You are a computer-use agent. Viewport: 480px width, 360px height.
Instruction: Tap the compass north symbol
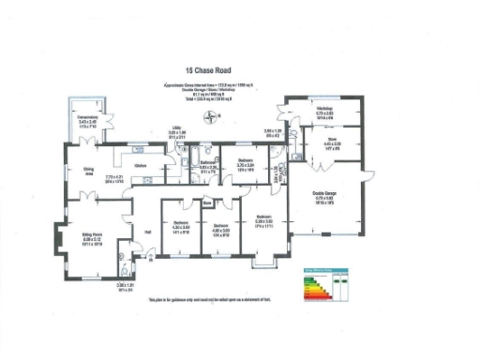214,117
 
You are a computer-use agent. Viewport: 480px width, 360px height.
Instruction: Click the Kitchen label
140,165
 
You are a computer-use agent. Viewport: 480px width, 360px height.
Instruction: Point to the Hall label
147,231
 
